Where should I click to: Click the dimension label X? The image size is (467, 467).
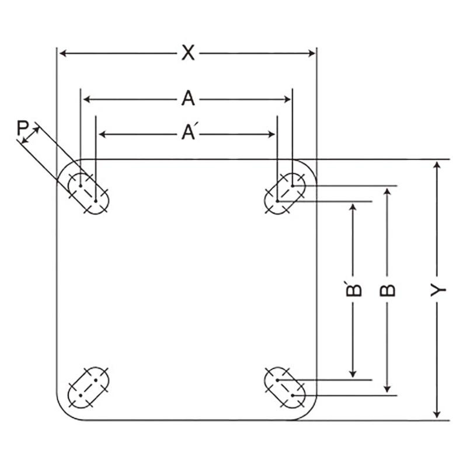(187, 53)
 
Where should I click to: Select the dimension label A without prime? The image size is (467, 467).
(187, 99)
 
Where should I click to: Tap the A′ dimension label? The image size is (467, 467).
(188, 134)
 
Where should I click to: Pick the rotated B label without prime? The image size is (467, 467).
(388, 290)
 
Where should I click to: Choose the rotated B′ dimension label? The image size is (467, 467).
(353, 290)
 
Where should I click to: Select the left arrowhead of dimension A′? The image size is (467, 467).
(102, 134)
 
